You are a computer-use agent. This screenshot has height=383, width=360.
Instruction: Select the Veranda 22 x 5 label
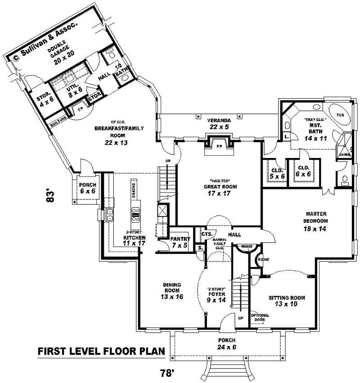point(219,124)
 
